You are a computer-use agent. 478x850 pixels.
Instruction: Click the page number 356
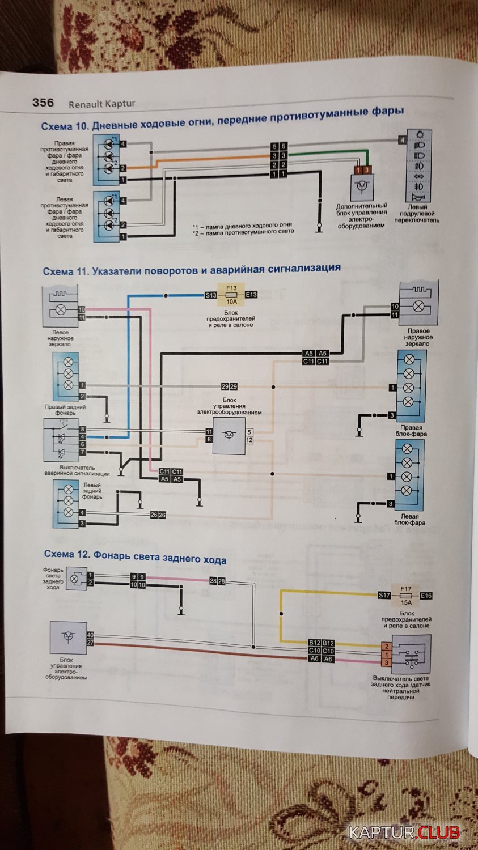43,103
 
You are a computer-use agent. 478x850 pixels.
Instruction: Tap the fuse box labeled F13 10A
231,295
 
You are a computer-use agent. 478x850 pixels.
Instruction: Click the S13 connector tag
211,295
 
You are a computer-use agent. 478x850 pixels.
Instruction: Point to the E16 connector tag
426,596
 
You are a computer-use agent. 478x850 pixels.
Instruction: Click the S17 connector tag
384,595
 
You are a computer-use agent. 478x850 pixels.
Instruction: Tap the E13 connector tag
251,295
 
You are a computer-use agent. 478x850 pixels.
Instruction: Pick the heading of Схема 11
192,269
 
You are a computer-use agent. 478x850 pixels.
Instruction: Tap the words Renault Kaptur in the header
102,104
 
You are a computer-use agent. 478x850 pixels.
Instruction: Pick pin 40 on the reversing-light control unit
90,635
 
